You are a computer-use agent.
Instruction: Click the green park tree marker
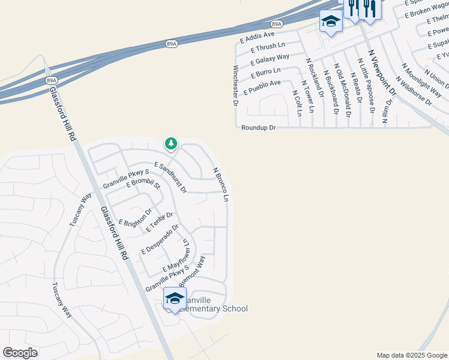click(x=171, y=144)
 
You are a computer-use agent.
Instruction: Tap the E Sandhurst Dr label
click(x=170, y=177)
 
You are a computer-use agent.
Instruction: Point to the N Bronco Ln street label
click(x=221, y=184)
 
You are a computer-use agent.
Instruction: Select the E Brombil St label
click(x=143, y=183)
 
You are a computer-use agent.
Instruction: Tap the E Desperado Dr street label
click(x=160, y=239)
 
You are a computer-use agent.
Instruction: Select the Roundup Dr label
click(x=258, y=128)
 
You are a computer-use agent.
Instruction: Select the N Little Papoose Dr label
click(x=366, y=86)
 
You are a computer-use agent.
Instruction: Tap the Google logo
click(x=20, y=353)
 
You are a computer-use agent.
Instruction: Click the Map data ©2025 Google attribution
click(x=411, y=355)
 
